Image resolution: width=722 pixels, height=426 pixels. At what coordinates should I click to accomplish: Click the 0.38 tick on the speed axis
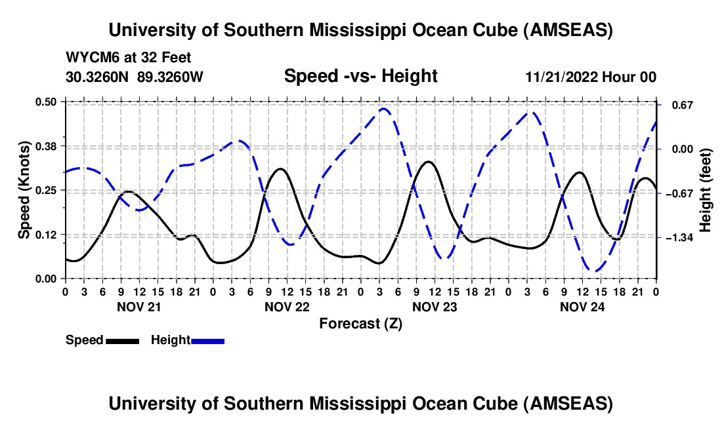[x=49, y=145]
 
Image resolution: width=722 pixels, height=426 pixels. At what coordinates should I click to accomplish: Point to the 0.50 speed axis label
[x=49, y=102]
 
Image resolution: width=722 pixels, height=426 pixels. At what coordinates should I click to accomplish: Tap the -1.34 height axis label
[x=679, y=237]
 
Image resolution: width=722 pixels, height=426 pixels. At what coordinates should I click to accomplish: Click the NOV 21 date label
[x=138, y=306]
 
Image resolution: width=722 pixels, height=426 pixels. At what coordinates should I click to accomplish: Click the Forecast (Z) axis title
[x=360, y=323]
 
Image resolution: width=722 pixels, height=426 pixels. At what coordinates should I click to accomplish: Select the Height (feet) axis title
[x=706, y=190]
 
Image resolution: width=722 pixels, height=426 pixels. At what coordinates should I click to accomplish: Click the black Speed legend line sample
[x=122, y=341]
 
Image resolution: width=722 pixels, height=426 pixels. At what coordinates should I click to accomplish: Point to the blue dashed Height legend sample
[x=207, y=341]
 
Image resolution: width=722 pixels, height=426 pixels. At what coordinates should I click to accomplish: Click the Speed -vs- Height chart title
[x=360, y=77]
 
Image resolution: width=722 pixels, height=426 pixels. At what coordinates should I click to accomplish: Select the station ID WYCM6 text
[x=89, y=58]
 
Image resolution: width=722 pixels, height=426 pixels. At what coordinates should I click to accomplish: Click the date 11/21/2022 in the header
[x=563, y=77]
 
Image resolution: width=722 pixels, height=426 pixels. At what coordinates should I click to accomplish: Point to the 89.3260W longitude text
[x=170, y=77]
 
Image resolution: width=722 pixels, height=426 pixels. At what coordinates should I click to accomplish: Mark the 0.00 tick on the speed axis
[x=49, y=279]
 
